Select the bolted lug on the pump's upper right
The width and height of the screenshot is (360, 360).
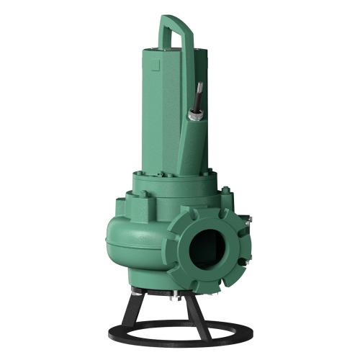227,192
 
